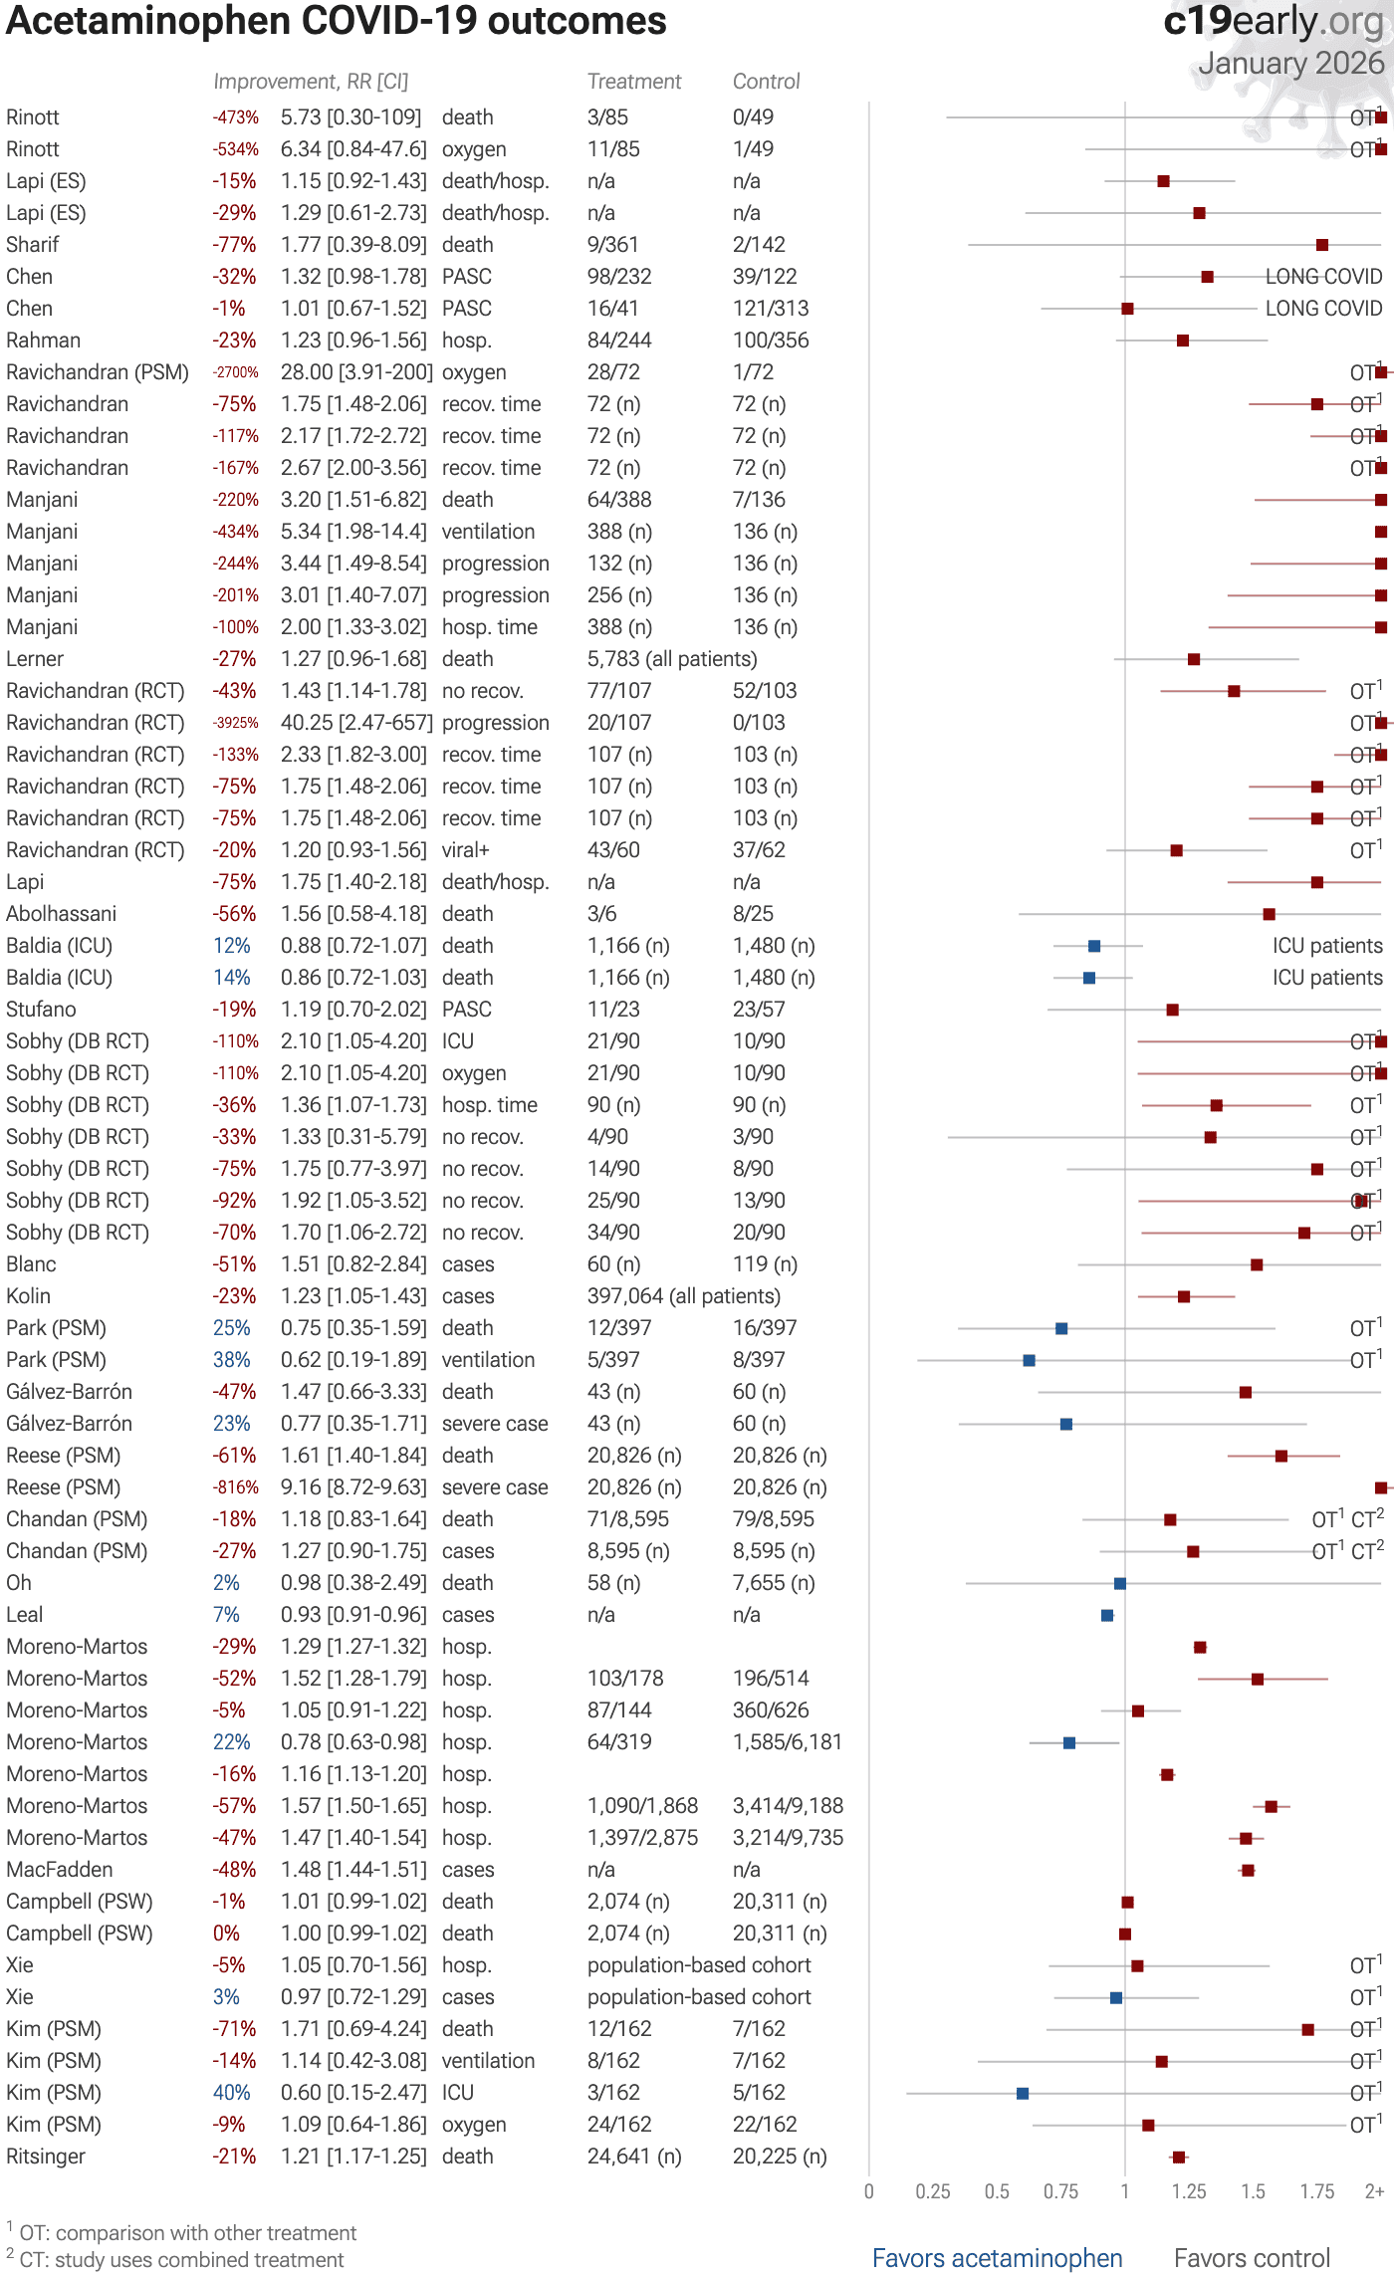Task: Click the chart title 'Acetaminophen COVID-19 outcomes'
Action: [x=336, y=22]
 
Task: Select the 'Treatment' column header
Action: [x=634, y=82]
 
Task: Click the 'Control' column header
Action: [x=766, y=82]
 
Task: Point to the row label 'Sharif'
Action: [x=33, y=245]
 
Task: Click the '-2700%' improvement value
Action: [x=235, y=372]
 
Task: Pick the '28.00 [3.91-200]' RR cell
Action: [x=355, y=372]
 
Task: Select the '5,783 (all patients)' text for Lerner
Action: [x=672, y=659]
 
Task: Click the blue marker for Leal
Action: [x=1107, y=1615]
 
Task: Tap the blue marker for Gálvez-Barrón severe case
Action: [x=1066, y=1424]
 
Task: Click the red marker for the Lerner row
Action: [x=1194, y=659]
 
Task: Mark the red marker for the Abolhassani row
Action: [x=1269, y=914]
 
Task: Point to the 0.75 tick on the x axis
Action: [x=1060, y=2191]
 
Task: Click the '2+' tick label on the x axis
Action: [x=1374, y=2191]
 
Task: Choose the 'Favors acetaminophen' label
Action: [x=997, y=2258]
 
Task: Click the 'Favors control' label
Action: [x=1252, y=2258]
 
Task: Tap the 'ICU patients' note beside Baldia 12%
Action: [x=1326, y=946]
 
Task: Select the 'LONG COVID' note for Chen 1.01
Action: [x=1323, y=309]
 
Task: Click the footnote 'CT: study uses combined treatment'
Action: [x=181, y=2260]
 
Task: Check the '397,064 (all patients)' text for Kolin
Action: [x=683, y=1296]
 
